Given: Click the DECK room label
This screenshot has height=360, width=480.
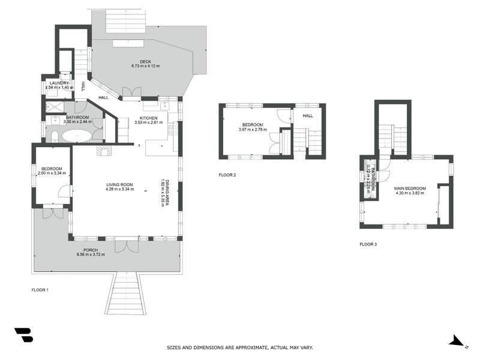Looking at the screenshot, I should pos(146,61).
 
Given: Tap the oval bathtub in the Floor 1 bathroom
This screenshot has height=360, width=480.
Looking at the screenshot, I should pos(76,136).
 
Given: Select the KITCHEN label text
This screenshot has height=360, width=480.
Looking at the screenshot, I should pos(148,118).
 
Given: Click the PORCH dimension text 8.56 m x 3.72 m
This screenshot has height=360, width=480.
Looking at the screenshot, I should pos(91,254).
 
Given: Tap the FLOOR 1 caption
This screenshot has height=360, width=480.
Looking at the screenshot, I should pos(40,290).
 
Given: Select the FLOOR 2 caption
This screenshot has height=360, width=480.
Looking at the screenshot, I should pos(227,175).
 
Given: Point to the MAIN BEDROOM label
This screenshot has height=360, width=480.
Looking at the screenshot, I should pos(410,188).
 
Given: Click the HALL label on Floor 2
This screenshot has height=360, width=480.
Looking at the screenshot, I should pos(308,116).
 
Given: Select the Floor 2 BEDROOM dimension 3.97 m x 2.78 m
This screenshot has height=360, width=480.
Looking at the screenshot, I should pos(251,130).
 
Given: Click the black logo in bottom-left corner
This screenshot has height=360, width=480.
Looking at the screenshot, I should pos(23,335).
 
